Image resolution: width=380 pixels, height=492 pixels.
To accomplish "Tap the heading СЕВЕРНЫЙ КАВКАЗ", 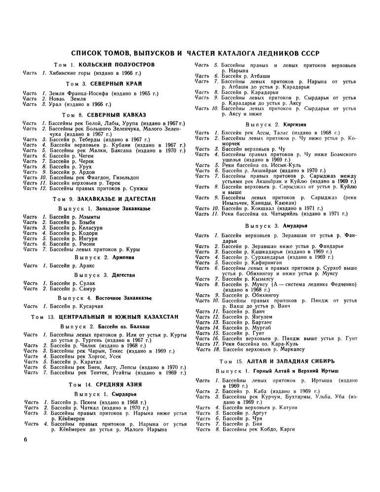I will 118,114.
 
